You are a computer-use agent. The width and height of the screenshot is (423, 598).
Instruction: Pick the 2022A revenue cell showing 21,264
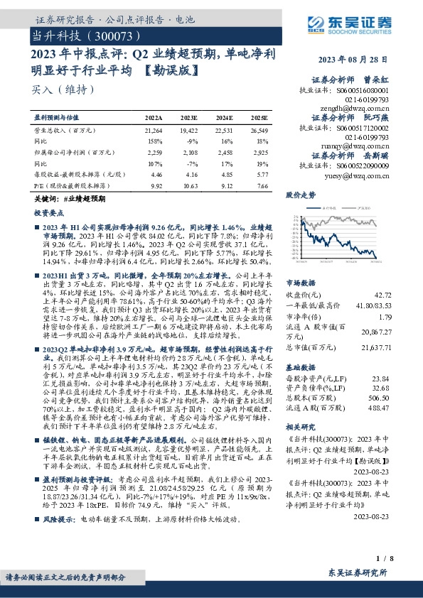tap(154, 131)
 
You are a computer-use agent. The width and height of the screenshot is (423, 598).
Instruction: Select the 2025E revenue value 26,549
tap(259, 131)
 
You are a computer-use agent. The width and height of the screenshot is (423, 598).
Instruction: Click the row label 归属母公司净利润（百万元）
tap(68, 152)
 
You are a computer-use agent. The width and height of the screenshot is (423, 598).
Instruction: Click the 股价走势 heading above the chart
tap(300, 194)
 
